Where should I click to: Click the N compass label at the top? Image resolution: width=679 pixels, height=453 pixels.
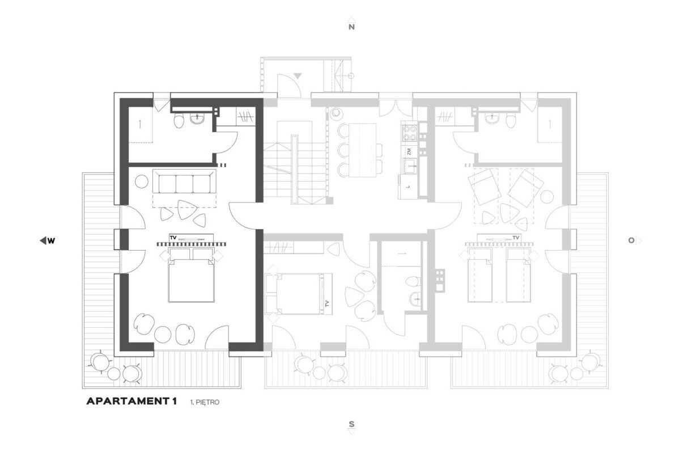351,27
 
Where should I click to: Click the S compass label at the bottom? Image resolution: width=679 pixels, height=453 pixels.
351,425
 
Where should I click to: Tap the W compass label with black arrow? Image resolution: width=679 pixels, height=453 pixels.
51,241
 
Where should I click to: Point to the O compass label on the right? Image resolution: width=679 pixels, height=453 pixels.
631,240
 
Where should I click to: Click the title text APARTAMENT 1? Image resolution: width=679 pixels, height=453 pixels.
131,401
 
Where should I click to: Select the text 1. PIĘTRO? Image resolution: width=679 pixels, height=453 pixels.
205,403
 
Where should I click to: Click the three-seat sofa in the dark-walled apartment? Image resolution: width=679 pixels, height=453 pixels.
184,182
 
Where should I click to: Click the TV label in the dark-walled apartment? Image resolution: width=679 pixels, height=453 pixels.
173,238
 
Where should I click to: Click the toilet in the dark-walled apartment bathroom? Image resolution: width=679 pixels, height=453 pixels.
179,120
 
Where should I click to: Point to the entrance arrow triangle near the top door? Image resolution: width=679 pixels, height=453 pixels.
297,76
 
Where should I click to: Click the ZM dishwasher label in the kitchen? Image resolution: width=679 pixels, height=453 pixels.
409,151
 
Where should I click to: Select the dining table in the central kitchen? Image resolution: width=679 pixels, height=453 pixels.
362,150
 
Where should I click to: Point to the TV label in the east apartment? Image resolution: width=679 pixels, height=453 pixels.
515,238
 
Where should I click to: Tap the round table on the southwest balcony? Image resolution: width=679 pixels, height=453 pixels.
114,373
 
